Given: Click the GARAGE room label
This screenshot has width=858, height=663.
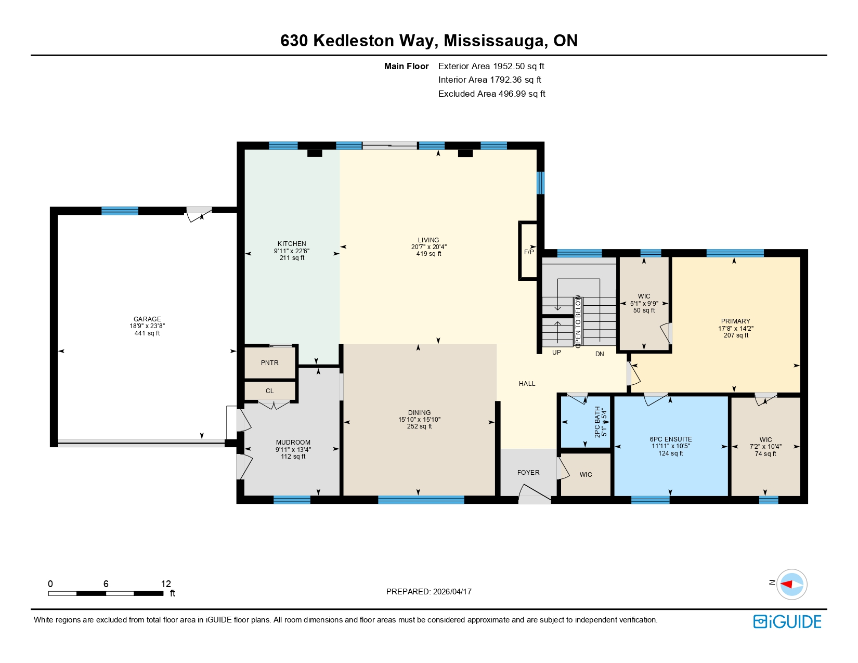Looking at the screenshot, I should [147, 319].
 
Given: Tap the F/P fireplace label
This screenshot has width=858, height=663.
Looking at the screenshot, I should [529, 252].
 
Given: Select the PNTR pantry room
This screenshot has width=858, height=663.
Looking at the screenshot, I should [270, 363].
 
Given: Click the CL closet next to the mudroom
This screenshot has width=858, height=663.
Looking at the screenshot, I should [269, 391].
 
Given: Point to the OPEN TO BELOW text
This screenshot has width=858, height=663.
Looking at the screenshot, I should [578, 321].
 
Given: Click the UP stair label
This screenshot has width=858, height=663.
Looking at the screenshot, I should [556, 353].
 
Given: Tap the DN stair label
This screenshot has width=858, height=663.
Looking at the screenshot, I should [600, 354].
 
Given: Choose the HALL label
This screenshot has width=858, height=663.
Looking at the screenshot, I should [527, 384].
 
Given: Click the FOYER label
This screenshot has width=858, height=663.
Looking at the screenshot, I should [528, 473].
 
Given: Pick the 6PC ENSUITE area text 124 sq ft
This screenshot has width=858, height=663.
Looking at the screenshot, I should [671, 453].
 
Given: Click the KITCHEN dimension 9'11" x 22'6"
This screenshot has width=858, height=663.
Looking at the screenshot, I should [292, 251].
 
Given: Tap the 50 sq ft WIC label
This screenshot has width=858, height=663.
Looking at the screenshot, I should [644, 310].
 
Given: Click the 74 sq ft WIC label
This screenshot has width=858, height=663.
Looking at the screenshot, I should [765, 454].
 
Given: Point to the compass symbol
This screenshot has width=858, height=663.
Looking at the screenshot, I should [791, 584].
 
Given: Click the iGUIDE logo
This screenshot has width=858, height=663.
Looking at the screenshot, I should [787, 621].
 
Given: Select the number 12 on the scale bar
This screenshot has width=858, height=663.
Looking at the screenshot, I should [166, 583].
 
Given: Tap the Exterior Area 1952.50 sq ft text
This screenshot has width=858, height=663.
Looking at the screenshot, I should [491, 66].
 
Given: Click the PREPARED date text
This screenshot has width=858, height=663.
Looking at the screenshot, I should [428, 591].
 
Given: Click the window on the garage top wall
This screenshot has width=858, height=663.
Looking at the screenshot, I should [120, 211].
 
